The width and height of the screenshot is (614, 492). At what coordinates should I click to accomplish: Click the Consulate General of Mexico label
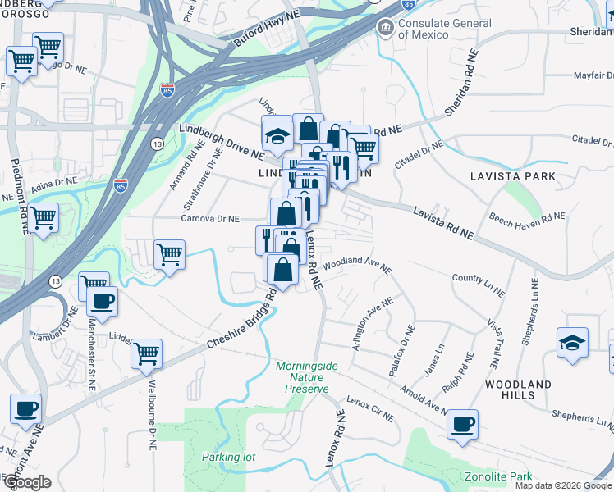point(445,29)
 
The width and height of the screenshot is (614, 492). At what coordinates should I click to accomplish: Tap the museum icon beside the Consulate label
point(384,29)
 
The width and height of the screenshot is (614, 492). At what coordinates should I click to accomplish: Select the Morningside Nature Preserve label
point(302,377)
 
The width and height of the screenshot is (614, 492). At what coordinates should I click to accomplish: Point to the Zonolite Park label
point(498,476)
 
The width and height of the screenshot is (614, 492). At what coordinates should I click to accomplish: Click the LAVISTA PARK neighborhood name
point(513,176)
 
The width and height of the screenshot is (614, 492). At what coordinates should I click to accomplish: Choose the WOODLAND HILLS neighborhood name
point(518,389)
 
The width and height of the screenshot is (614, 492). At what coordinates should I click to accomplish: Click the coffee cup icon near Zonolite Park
point(463,424)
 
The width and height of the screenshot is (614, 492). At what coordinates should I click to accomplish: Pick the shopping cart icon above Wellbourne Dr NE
point(146,353)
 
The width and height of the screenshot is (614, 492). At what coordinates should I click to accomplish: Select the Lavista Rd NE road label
point(443,222)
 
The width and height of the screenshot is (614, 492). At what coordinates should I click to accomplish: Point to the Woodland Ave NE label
point(357,265)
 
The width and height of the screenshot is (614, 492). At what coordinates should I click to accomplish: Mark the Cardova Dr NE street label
point(211,219)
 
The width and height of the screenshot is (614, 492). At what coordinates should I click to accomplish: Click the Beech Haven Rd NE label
point(527,218)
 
